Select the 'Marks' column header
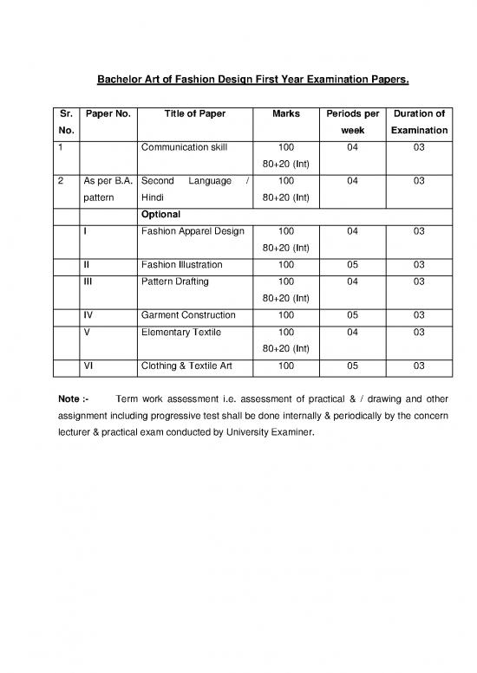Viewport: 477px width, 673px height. (x=286, y=114)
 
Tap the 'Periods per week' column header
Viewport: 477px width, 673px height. (x=352, y=122)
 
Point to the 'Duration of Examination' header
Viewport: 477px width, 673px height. (x=419, y=122)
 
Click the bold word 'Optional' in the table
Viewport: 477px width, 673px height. (x=161, y=213)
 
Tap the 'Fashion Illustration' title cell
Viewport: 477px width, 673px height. (x=181, y=264)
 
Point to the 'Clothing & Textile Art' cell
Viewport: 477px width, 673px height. (x=186, y=366)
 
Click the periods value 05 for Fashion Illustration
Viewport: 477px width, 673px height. (x=352, y=264)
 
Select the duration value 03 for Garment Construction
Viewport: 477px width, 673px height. (x=419, y=314)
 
